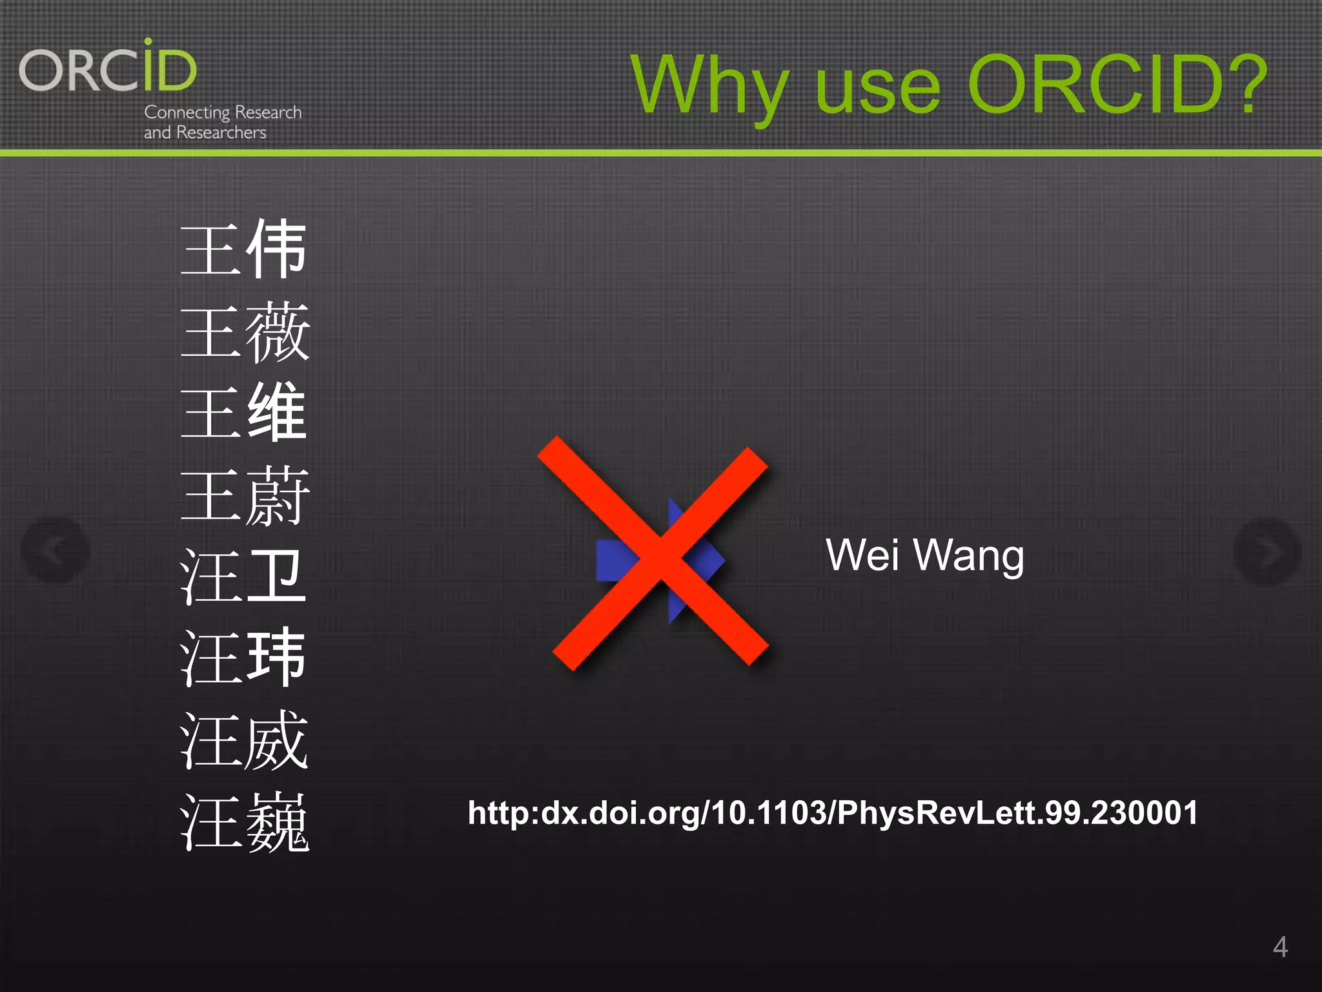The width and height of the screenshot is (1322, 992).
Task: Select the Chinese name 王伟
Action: (x=244, y=249)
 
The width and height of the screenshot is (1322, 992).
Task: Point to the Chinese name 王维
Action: (x=244, y=412)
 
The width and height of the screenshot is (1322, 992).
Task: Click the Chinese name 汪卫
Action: (x=243, y=577)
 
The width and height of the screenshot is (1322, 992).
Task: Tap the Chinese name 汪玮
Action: (x=243, y=658)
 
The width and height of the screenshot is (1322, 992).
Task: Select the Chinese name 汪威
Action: (x=245, y=740)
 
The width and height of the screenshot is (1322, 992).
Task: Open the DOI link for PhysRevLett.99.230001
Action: (x=833, y=812)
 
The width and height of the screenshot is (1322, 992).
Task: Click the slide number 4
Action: (x=1280, y=947)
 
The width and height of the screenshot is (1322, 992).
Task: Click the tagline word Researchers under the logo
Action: (x=221, y=132)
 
